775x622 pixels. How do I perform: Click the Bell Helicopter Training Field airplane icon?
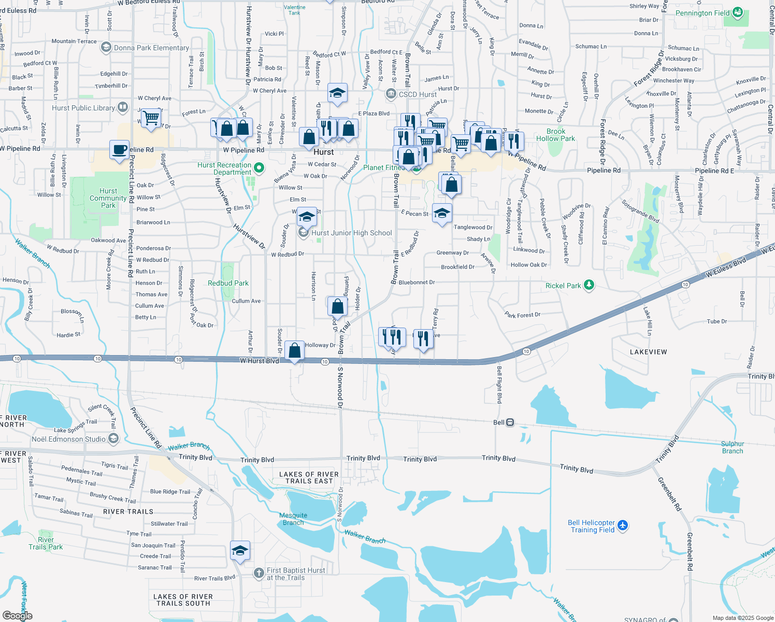(x=623, y=526)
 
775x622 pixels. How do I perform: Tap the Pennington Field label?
(x=702, y=13)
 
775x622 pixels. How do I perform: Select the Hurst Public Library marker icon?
(x=123, y=107)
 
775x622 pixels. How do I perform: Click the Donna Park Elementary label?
(x=151, y=48)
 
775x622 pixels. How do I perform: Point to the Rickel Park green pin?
(x=589, y=285)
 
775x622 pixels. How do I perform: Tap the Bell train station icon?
(x=510, y=422)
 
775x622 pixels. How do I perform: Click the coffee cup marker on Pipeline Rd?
(x=120, y=150)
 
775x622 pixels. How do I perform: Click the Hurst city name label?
(x=323, y=152)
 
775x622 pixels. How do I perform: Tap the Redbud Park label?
(x=228, y=283)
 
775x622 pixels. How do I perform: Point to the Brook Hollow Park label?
(x=555, y=135)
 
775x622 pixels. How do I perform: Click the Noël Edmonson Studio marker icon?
(x=113, y=439)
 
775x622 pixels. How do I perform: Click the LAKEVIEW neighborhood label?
(x=648, y=352)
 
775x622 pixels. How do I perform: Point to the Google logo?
(x=17, y=616)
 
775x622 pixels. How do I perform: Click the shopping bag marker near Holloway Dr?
(x=294, y=351)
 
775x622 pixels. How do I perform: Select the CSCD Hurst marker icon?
(x=391, y=94)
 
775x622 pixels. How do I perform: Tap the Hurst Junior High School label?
(x=351, y=233)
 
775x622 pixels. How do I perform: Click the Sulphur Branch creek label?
(x=732, y=447)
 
